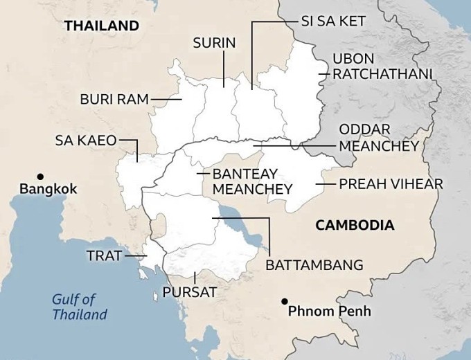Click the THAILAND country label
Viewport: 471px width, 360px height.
tap(102, 26)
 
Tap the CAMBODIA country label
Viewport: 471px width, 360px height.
tap(355, 225)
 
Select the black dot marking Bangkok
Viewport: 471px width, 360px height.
tap(41, 176)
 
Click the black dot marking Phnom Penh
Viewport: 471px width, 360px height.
tap(285, 301)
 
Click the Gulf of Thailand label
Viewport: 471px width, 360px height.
tap(80, 307)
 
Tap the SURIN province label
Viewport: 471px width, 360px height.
tap(214, 44)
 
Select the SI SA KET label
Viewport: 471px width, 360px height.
tap(332, 21)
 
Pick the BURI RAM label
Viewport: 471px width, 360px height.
tap(114, 99)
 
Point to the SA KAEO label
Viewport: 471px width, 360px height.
tap(85, 141)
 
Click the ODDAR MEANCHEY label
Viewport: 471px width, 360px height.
tap(378, 138)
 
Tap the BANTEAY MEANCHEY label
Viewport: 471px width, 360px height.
tap(252, 181)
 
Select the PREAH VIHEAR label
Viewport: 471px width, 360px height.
tap(391, 184)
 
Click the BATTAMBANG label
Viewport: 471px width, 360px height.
tap(314, 265)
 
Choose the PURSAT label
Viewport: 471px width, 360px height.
tap(189, 292)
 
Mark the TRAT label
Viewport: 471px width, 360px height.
tap(104, 256)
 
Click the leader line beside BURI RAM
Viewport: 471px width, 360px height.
tap(166, 99)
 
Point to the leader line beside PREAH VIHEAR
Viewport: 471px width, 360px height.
tap(326, 184)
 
